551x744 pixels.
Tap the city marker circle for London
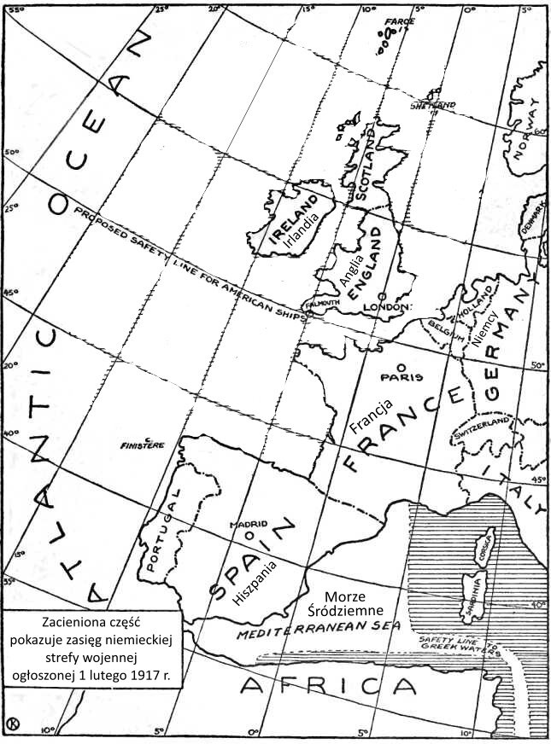(x=381, y=296)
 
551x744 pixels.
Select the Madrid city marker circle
(x=249, y=535)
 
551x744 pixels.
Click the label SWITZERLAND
(x=483, y=428)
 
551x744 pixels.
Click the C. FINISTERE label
(x=143, y=444)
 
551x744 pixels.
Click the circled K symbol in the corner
(x=13, y=724)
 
